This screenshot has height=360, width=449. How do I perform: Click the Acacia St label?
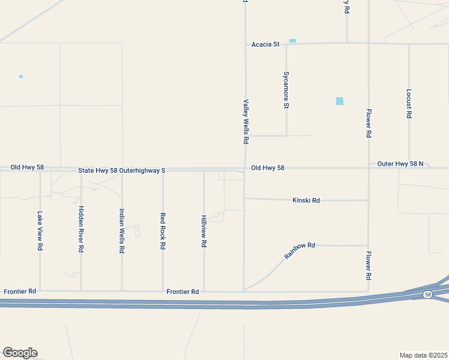coord(265,44)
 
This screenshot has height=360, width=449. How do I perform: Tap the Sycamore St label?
coord(286,90)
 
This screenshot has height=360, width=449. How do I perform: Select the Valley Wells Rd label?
coord(246,122)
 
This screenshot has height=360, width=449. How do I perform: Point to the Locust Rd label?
coord(409,103)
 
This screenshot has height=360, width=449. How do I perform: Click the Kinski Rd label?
coord(306,200)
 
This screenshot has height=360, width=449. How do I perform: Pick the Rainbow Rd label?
coord(300,250)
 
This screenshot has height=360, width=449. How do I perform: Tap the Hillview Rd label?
coord(204,232)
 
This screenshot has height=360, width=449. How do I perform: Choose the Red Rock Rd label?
coord(163,230)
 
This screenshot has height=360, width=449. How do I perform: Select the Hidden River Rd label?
coord(81,229)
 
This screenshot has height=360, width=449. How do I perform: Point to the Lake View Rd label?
coord(40,230)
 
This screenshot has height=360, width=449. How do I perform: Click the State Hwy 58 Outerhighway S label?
coord(121,171)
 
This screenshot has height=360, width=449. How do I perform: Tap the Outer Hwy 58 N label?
coord(400,164)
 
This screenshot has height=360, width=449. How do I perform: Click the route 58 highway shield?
coord(427,295)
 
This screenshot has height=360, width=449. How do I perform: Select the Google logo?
coord(20,353)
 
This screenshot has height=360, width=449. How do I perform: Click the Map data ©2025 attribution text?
coord(423,355)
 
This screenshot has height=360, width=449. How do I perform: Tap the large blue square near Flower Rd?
coord(340,101)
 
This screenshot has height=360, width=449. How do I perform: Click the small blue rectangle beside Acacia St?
coord(292,41)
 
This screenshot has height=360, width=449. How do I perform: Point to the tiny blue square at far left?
coord(21,76)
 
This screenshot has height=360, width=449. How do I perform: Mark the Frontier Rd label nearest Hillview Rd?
coord(182,292)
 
